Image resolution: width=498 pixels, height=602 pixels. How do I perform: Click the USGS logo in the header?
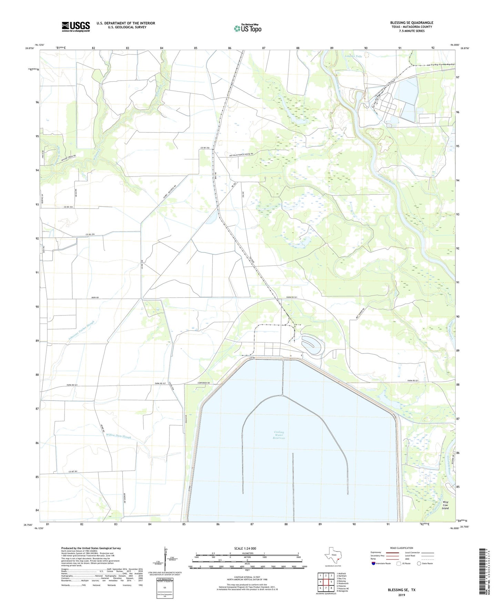pos(76,27)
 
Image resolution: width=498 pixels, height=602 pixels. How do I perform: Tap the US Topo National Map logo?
pos(247,28)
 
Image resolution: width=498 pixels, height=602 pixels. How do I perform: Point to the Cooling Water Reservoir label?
pos(279,435)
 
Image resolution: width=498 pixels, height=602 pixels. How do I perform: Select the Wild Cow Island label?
pos(446,505)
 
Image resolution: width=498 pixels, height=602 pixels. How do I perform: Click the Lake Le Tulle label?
pos(354,56)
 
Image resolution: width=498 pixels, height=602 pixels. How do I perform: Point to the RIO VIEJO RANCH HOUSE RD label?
pos(239,154)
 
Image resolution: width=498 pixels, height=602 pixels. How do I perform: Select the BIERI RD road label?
pos(95,298)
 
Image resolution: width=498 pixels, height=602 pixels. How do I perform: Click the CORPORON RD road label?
pos(203,383)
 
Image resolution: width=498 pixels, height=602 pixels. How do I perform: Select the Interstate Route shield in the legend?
pos(374,563)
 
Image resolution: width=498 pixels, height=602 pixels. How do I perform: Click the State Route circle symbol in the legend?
pos(419,563)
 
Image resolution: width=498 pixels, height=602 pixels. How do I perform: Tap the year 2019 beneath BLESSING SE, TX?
pos(402,595)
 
